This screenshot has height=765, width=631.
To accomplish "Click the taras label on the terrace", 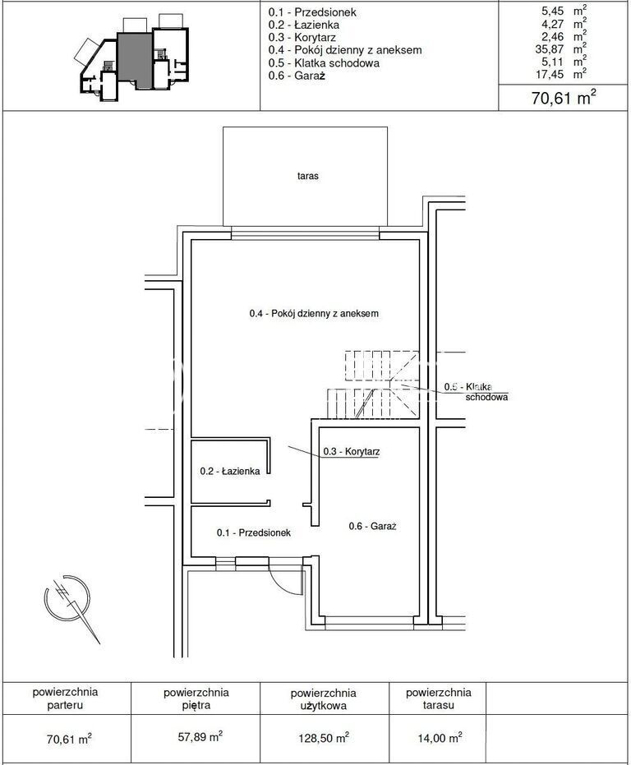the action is coord(307,176).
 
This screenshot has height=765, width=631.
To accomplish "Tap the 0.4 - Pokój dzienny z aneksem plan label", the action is coord(314,313).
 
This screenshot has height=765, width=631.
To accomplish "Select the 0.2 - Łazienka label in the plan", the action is coord(230,472).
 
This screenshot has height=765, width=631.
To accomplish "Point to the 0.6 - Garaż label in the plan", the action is coord(372,526).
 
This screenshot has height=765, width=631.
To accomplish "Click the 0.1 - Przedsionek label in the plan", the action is coord(254,532).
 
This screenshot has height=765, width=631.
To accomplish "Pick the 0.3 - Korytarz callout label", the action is coord(352,451).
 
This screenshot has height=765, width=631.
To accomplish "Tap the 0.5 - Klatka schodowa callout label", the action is coord(476,392).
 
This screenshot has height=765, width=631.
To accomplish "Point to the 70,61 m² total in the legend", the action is coord(564,98).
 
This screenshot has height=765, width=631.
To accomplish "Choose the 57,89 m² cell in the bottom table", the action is coord(200,736).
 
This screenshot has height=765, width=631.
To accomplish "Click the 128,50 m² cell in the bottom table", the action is coord(324,738).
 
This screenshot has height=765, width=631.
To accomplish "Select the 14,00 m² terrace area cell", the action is coord(440,738).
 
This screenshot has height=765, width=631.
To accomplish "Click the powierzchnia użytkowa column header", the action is coord(324,699).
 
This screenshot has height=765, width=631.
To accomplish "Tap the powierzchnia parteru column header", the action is coord(66,698).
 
